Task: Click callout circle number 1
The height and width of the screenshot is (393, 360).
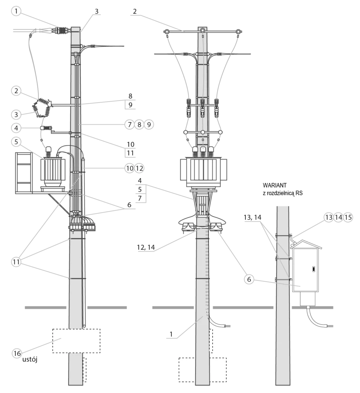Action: tap(16, 11)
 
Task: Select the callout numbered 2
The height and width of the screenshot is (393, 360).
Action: tap(16, 91)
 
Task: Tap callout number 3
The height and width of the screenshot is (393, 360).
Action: tap(16, 114)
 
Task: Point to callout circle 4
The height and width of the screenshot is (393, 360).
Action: tap(16, 127)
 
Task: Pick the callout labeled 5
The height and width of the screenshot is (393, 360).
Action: tap(16, 142)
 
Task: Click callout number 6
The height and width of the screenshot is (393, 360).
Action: tap(249, 279)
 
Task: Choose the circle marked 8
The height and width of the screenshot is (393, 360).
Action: tap(139, 124)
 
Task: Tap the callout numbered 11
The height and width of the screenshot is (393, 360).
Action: tap(16, 262)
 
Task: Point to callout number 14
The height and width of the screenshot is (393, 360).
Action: tap(338, 217)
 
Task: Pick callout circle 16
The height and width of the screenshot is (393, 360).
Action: tap(16, 353)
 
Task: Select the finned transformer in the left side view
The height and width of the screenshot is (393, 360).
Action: tap(53, 170)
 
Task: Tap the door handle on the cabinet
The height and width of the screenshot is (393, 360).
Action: tap(314, 269)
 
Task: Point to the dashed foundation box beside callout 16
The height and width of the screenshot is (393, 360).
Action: tap(76, 340)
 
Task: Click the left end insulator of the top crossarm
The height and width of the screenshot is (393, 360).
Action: tap(167, 31)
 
